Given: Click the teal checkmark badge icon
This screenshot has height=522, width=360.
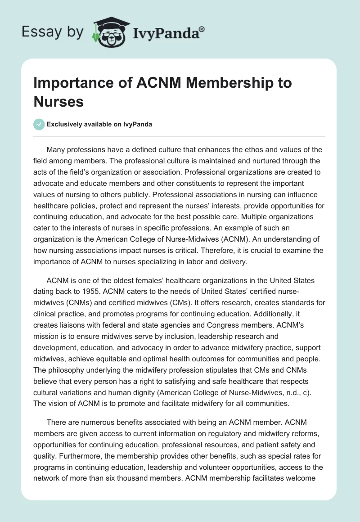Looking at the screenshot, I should [x=40, y=124].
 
